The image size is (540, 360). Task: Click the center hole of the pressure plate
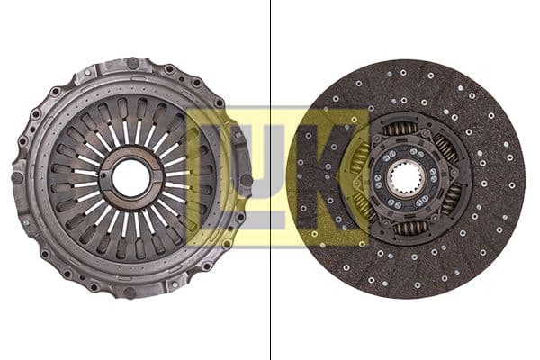(131, 178)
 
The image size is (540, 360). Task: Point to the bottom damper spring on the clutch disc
(410, 229)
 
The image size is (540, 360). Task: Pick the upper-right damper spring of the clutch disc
(445, 149)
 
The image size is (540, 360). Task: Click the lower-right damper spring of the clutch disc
(449, 202)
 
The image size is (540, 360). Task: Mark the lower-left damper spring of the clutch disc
(364, 206)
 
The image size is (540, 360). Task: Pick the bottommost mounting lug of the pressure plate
(131, 292)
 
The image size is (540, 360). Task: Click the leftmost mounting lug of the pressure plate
(18, 177)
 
